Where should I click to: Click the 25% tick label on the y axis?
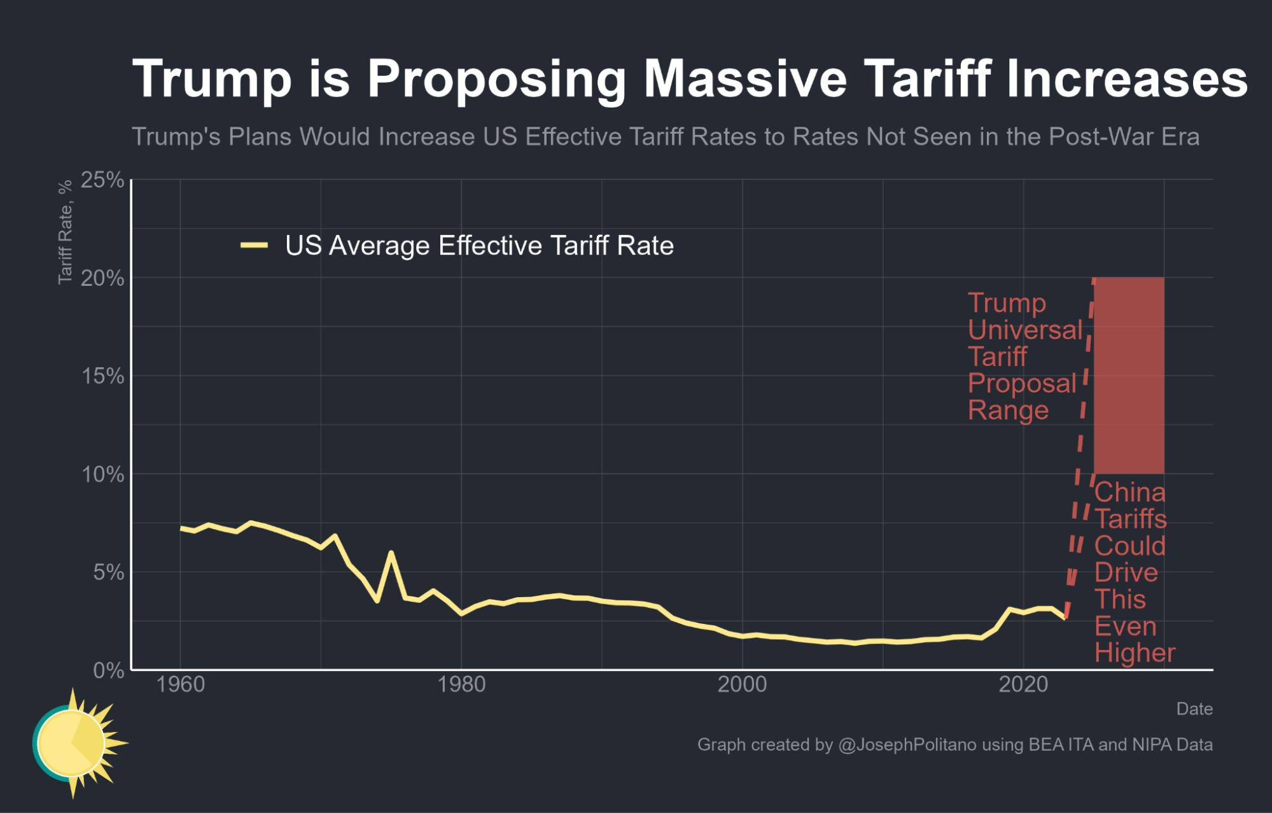(x=102, y=180)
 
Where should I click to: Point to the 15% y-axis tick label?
(x=102, y=376)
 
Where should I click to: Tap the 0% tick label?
(x=108, y=670)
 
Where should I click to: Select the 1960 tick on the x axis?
(x=180, y=684)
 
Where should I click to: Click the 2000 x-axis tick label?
(x=742, y=684)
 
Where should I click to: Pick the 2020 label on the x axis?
(x=1023, y=684)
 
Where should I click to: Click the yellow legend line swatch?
(x=254, y=246)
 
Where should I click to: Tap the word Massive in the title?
(x=745, y=79)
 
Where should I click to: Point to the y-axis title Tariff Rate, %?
(x=65, y=232)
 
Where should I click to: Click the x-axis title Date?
(x=1194, y=709)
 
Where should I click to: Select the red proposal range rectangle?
(x=1129, y=376)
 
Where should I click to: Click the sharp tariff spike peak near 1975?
(x=391, y=553)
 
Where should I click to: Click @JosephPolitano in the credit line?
(x=907, y=745)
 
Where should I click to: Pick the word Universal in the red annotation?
(x=1024, y=330)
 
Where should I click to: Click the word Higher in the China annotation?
(x=1135, y=653)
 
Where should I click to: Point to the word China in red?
(x=1129, y=492)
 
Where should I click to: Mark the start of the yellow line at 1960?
(x=181, y=528)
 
